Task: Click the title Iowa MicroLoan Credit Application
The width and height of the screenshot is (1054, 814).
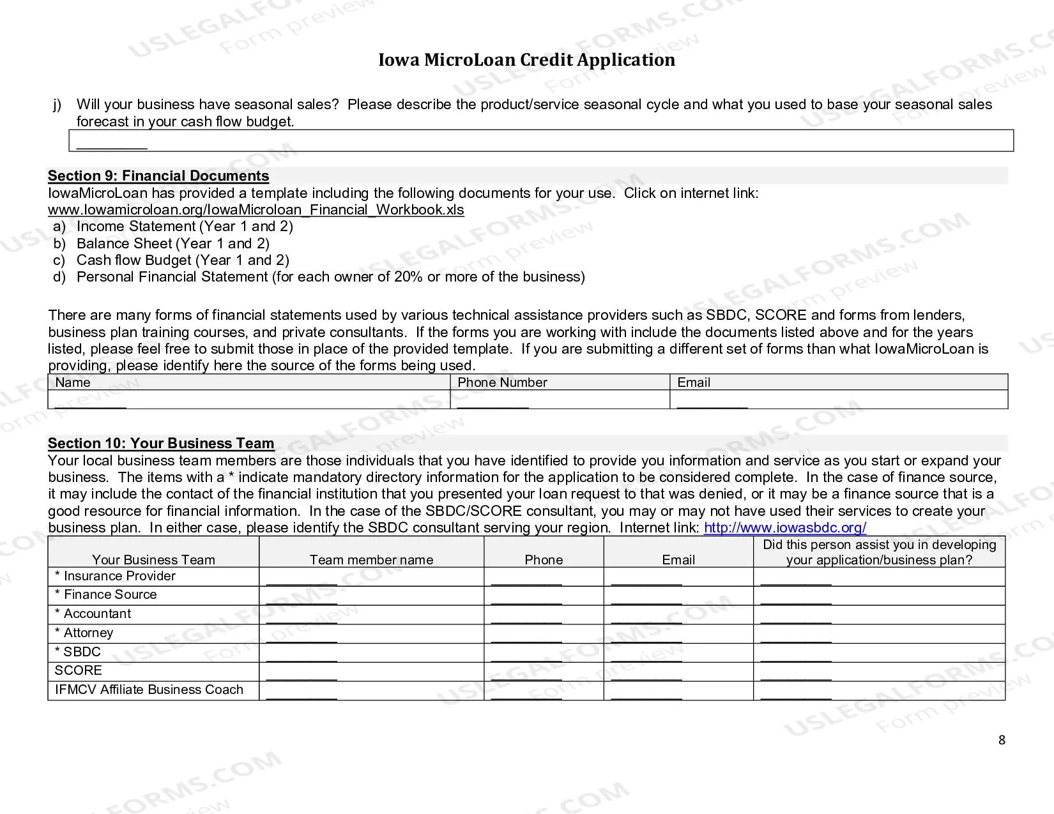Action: pyautogui.click(x=526, y=60)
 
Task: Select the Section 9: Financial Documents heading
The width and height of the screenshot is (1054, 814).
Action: pyautogui.click(x=158, y=176)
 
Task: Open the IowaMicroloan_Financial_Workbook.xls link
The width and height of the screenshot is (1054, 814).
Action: pyautogui.click(x=256, y=210)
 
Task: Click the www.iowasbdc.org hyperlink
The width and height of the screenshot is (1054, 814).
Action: pyautogui.click(x=784, y=528)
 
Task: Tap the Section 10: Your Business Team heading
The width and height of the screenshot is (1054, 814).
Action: pyautogui.click(x=161, y=444)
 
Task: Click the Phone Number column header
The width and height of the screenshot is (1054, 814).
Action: pyautogui.click(x=502, y=382)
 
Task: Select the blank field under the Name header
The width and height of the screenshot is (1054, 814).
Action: pyautogui.click(x=249, y=400)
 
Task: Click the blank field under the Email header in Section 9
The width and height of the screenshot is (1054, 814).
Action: pyautogui.click(x=838, y=400)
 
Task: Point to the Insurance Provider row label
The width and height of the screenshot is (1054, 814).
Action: pyautogui.click(x=115, y=577)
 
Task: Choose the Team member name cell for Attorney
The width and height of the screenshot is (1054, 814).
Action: pyautogui.click(x=371, y=633)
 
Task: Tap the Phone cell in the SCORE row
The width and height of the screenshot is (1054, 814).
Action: pyautogui.click(x=544, y=671)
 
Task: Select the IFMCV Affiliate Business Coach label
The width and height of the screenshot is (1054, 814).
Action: pyautogui.click(x=149, y=690)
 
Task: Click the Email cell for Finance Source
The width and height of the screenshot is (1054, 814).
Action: pyautogui.click(x=678, y=596)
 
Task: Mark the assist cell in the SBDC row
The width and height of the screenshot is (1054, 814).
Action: pyautogui.click(x=878, y=652)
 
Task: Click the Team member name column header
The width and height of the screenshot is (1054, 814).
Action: pyautogui.click(x=371, y=560)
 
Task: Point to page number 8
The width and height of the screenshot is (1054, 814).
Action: pyautogui.click(x=1002, y=740)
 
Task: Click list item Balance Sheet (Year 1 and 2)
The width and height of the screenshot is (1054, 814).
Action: pyautogui.click(x=172, y=244)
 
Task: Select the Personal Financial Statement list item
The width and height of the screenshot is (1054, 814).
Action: pyautogui.click(x=330, y=277)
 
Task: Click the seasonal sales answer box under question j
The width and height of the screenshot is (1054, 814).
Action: pyautogui.click(x=540, y=141)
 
